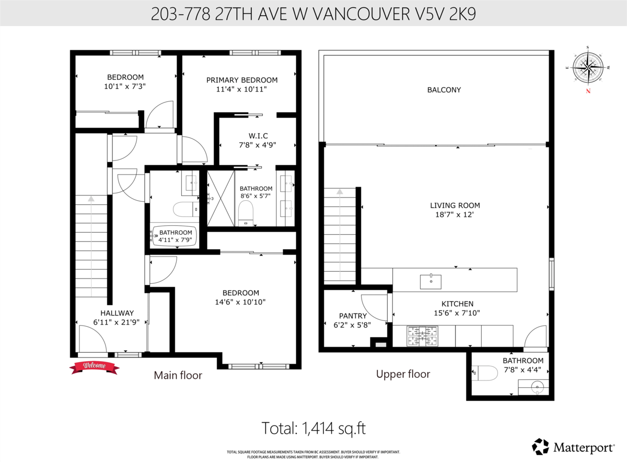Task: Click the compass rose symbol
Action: pos(589,68)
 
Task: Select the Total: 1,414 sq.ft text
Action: pos(313,429)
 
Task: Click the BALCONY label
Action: pos(444,90)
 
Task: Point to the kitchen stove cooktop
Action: pos(422,336)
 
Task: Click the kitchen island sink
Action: pos(431,281)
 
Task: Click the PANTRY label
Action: pos(353,316)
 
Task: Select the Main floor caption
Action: pos(178,375)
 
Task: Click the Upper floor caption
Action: pos(403,374)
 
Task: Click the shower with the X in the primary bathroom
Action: pos(220,198)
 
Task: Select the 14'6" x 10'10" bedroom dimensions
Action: pos(240,302)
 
